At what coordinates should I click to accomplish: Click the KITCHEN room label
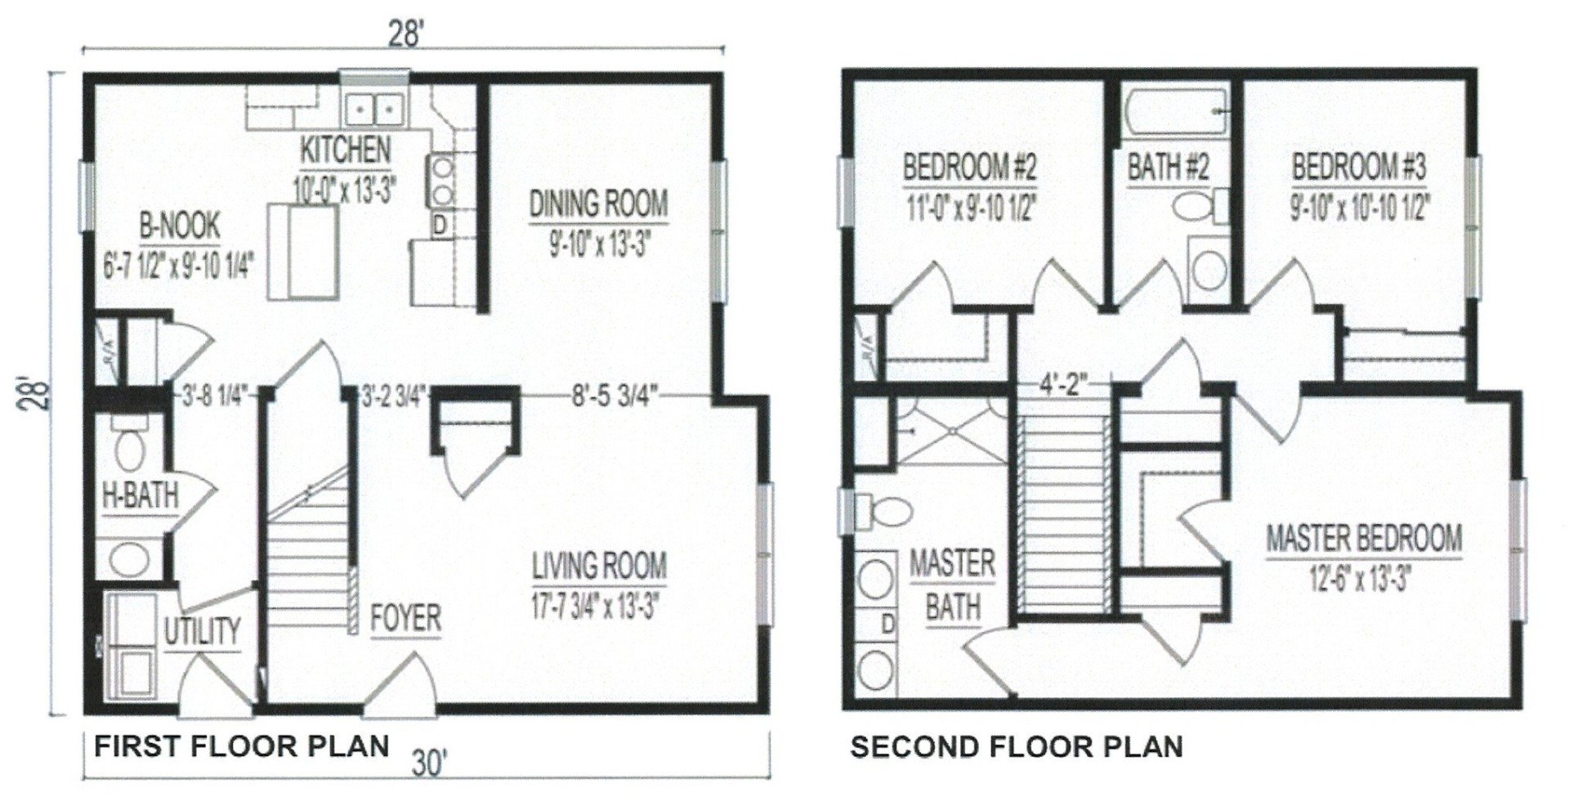coord(346,150)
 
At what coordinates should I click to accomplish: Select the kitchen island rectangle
coord(303,253)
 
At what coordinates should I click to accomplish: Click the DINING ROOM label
coord(598,204)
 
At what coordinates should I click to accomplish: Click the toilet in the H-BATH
coord(128,447)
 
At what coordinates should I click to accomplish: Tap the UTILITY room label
coord(202,631)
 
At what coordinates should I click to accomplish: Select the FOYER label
coord(405,618)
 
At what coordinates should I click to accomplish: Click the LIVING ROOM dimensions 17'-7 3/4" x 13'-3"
coord(596,606)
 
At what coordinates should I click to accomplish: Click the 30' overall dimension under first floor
coord(428,764)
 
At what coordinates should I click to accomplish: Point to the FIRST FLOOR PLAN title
coord(241,746)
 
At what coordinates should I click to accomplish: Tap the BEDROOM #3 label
coord(1359,167)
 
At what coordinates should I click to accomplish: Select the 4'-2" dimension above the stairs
coord(1064,384)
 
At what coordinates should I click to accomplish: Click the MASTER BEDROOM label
coord(1364,538)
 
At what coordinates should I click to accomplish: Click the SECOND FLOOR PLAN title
coord(1016,746)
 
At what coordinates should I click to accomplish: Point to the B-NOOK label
coord(180,226)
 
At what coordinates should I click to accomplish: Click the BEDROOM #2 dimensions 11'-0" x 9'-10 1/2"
coord(969,209)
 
